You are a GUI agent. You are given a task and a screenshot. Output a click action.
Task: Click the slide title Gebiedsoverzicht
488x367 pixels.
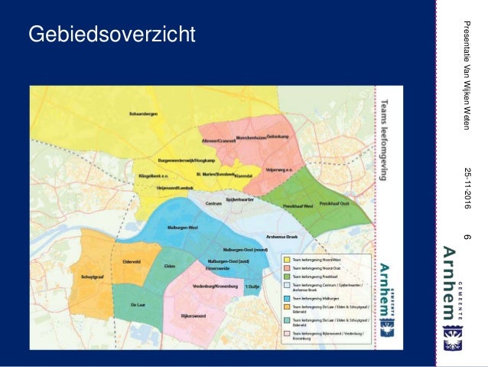pyautogui.click(x=112, y=34)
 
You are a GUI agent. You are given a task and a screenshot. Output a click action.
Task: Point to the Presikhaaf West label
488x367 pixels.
pyautogui.click(x=298, y=206)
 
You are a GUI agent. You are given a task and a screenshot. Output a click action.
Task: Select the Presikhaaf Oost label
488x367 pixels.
pyautogui.click(x=334, y=203)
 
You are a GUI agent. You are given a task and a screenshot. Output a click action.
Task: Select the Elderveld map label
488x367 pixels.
pyautogui.click(x=132, y=261)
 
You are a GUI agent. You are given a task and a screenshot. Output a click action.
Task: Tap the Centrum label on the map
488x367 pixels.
pyautogui.click(x=214, y=203)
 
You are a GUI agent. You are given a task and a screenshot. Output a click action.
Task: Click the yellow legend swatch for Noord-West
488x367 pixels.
pyautogui.click(x=285, y=261)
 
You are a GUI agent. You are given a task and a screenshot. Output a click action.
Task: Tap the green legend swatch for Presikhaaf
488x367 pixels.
pyautogui.click(x=285, y=277)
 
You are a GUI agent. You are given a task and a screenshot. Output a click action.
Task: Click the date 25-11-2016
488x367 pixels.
pyautogui.click(x=467, y=187)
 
